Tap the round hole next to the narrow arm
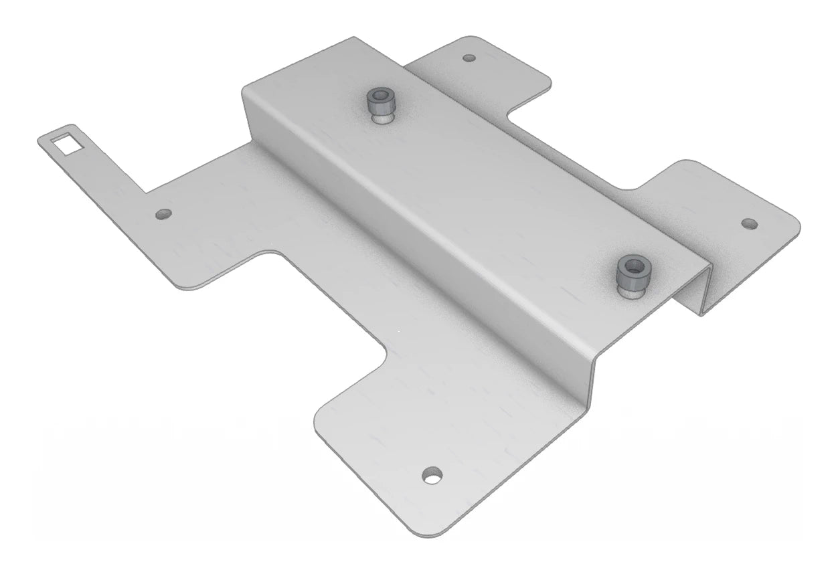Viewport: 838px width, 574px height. tap(163, 215)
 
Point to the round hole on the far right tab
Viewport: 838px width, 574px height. tap(748, 222)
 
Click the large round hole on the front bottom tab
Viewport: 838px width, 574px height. tap(432, 476)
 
